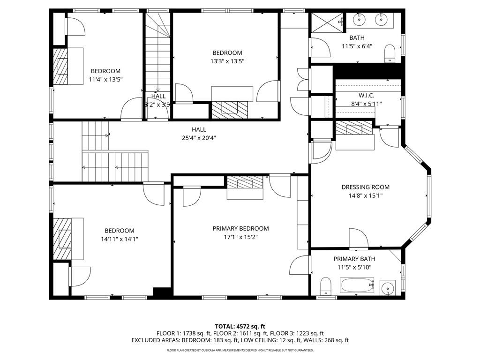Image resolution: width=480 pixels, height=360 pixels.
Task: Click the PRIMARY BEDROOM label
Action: click(240, 228)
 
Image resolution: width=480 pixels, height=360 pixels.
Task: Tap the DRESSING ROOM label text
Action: click(365, 187)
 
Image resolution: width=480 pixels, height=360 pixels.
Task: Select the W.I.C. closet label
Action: click(366, 95)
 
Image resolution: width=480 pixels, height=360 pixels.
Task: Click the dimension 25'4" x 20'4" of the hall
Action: click(199, 138)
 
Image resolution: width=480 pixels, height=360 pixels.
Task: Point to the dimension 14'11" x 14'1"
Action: click(119, 239)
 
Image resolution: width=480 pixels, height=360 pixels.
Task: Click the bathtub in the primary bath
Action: click(357, 285)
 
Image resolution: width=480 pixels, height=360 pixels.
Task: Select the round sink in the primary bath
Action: click(387, 287)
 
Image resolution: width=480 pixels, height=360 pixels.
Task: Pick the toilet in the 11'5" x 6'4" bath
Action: click(390, 54)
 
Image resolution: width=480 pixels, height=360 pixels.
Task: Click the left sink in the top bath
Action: click(359, 19)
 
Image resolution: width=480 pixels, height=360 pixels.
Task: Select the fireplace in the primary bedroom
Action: click(245, 182)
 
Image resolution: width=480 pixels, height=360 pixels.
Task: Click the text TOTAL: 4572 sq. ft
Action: click(240, 326)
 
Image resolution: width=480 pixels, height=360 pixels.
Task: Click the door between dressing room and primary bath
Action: click(359, 239)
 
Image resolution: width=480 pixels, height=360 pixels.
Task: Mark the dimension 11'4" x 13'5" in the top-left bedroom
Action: click(105, 79)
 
